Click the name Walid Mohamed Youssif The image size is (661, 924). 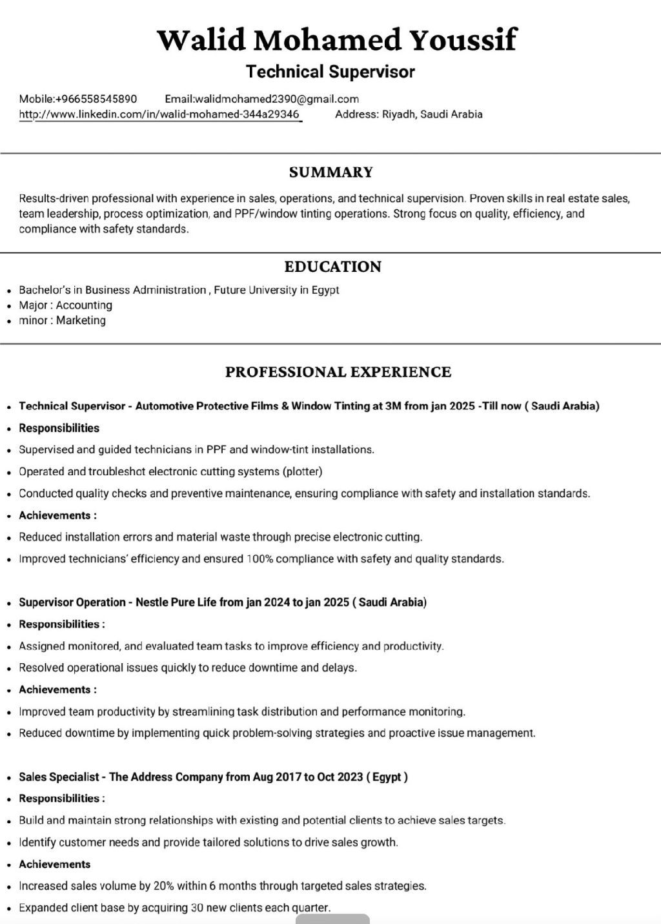coord(336,40)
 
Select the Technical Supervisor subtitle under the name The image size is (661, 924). coord(330,72)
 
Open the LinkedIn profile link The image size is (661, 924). coord(166,115)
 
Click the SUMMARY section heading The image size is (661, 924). coord(330,172)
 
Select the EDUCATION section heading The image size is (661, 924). coord(332,267)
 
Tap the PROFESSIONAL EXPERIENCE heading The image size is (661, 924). coord(338,372)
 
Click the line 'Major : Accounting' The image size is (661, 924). coord(65,305)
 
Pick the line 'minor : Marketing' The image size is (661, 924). coord(62,320)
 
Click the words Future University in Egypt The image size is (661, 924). coord(276,290)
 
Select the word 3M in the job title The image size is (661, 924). coord(392,406)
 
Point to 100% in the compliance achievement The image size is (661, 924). coord(259,559)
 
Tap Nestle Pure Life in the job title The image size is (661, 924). coord(176,602)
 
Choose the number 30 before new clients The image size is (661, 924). coord(198,908)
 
